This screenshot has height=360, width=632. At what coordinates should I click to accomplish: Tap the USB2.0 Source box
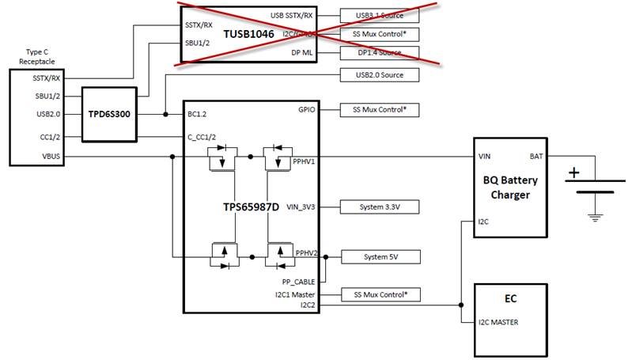click(x=379, y=75)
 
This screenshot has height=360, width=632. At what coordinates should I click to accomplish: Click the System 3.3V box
click(x=379, y=207)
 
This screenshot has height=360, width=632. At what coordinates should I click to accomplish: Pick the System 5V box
click(x=379, y=256)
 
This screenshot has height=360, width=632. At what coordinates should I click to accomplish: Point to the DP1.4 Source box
click(x=379, y=53)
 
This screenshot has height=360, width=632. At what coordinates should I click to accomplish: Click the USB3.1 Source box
click(x=379, y=15)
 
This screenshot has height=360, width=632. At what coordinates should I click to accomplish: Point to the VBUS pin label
click(x=51, y=157)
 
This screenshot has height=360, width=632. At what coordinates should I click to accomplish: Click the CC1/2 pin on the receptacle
click(x=50, y=135)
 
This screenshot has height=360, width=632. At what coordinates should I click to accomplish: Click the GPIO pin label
click(x=307, y=109)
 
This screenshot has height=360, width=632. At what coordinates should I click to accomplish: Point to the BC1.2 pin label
click(x=198, y=114)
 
